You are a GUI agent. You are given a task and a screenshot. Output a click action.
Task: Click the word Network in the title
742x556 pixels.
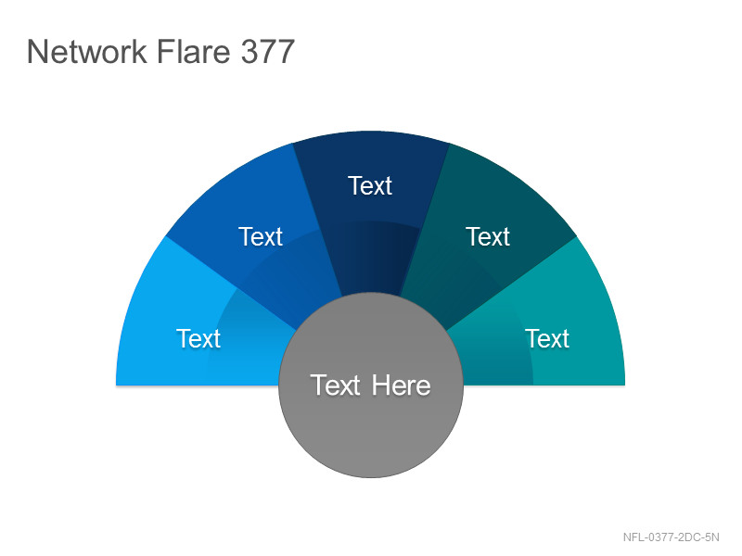87,51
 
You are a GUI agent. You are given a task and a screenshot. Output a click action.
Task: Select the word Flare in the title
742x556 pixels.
193,51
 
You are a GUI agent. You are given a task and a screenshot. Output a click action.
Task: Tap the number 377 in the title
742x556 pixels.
268,51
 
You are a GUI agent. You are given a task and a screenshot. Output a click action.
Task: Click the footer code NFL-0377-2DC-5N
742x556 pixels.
671,537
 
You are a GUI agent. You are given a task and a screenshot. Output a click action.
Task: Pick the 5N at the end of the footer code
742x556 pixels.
712,537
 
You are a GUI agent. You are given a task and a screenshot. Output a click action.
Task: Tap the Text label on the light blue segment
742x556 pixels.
198,338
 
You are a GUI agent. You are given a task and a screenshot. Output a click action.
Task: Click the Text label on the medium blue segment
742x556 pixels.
261,236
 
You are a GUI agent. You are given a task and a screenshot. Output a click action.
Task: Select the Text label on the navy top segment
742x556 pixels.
370,185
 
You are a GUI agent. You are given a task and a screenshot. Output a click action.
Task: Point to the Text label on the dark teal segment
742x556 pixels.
488,236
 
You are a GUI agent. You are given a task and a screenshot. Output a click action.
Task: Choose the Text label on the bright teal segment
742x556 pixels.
547,338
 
